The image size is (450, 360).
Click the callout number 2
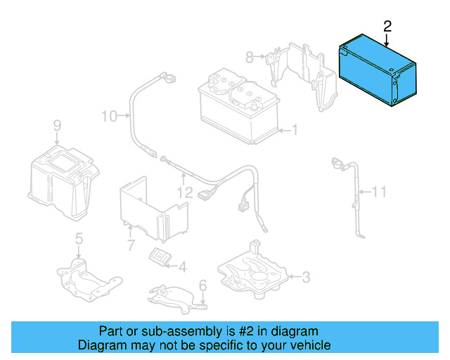386,27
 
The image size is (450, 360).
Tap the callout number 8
249,56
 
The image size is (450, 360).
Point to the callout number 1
295,129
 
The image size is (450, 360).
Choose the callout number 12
185,191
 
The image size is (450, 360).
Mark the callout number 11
379,191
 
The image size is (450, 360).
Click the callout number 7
130,245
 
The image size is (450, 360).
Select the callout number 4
182,266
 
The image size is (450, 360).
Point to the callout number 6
202,285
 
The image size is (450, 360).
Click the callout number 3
305,277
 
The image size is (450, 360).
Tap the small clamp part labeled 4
161,257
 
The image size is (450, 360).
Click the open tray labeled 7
150,208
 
